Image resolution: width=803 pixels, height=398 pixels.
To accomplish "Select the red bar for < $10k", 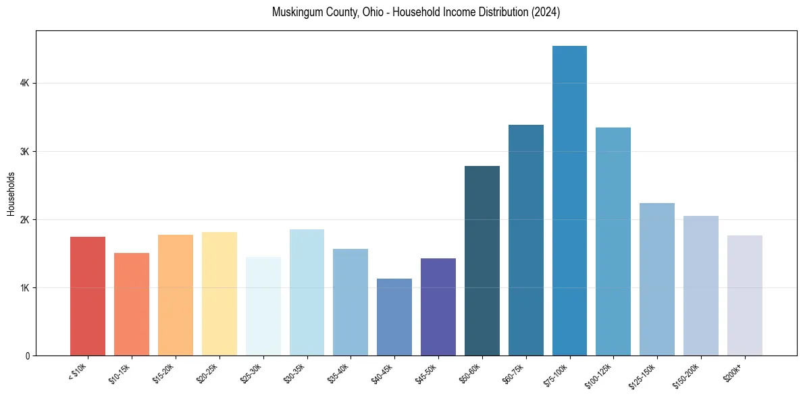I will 88,296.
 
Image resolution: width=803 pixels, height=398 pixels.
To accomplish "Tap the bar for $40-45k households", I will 394,317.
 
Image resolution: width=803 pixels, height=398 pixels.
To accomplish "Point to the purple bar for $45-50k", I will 438,307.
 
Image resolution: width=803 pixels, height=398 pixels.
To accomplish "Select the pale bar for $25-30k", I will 263,306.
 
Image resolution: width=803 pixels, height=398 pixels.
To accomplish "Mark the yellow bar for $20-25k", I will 219,293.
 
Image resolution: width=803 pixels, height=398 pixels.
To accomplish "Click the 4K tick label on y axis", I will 24,83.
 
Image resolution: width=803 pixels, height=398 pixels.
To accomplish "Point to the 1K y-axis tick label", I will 24,288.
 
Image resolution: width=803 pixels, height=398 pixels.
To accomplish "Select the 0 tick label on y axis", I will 26,356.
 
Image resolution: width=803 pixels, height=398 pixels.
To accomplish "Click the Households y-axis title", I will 11,194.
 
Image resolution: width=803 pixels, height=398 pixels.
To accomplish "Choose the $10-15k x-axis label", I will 120,373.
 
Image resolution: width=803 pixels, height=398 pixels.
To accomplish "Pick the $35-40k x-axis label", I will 338,373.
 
